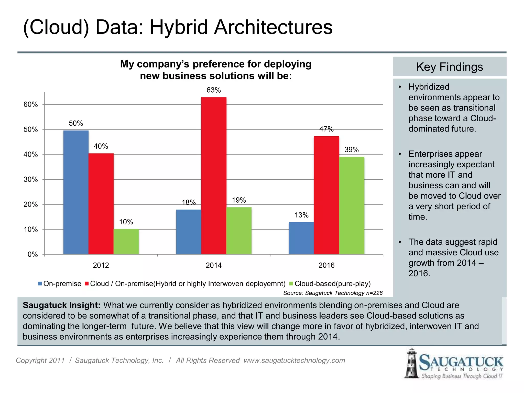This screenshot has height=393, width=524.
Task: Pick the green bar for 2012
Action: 126,242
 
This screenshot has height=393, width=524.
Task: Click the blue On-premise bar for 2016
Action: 301,238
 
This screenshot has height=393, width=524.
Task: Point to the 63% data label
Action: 214,90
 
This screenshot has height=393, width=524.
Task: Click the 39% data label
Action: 352,150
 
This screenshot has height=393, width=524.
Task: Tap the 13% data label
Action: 301,215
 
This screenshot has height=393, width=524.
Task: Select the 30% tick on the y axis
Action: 31,179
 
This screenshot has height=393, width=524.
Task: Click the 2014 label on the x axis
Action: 214,265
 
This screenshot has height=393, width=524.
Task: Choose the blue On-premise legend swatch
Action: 40,283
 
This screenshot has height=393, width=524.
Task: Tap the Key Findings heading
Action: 449,67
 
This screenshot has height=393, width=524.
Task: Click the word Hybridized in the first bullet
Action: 429,87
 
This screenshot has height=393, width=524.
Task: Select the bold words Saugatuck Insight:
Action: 61,305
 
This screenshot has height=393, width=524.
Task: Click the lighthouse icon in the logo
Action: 411,363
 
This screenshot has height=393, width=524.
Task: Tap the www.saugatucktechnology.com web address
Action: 294,360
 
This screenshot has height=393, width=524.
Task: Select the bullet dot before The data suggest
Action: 400,242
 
